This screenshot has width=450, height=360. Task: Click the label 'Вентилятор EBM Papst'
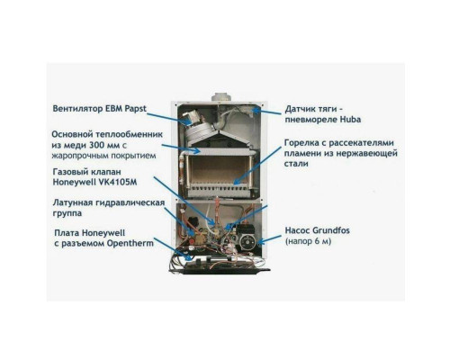point(100,109)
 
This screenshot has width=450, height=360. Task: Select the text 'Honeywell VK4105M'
point(94,182)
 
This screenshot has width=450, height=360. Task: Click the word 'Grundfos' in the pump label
point(331,230)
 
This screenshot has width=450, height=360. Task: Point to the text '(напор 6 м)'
point(308,241)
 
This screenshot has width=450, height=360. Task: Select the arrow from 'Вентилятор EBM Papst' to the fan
point(170,118)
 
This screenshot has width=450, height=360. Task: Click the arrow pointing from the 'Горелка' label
point(257,166)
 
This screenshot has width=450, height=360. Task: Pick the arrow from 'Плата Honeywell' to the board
point(173,249)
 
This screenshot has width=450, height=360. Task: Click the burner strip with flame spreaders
point(220,189)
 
